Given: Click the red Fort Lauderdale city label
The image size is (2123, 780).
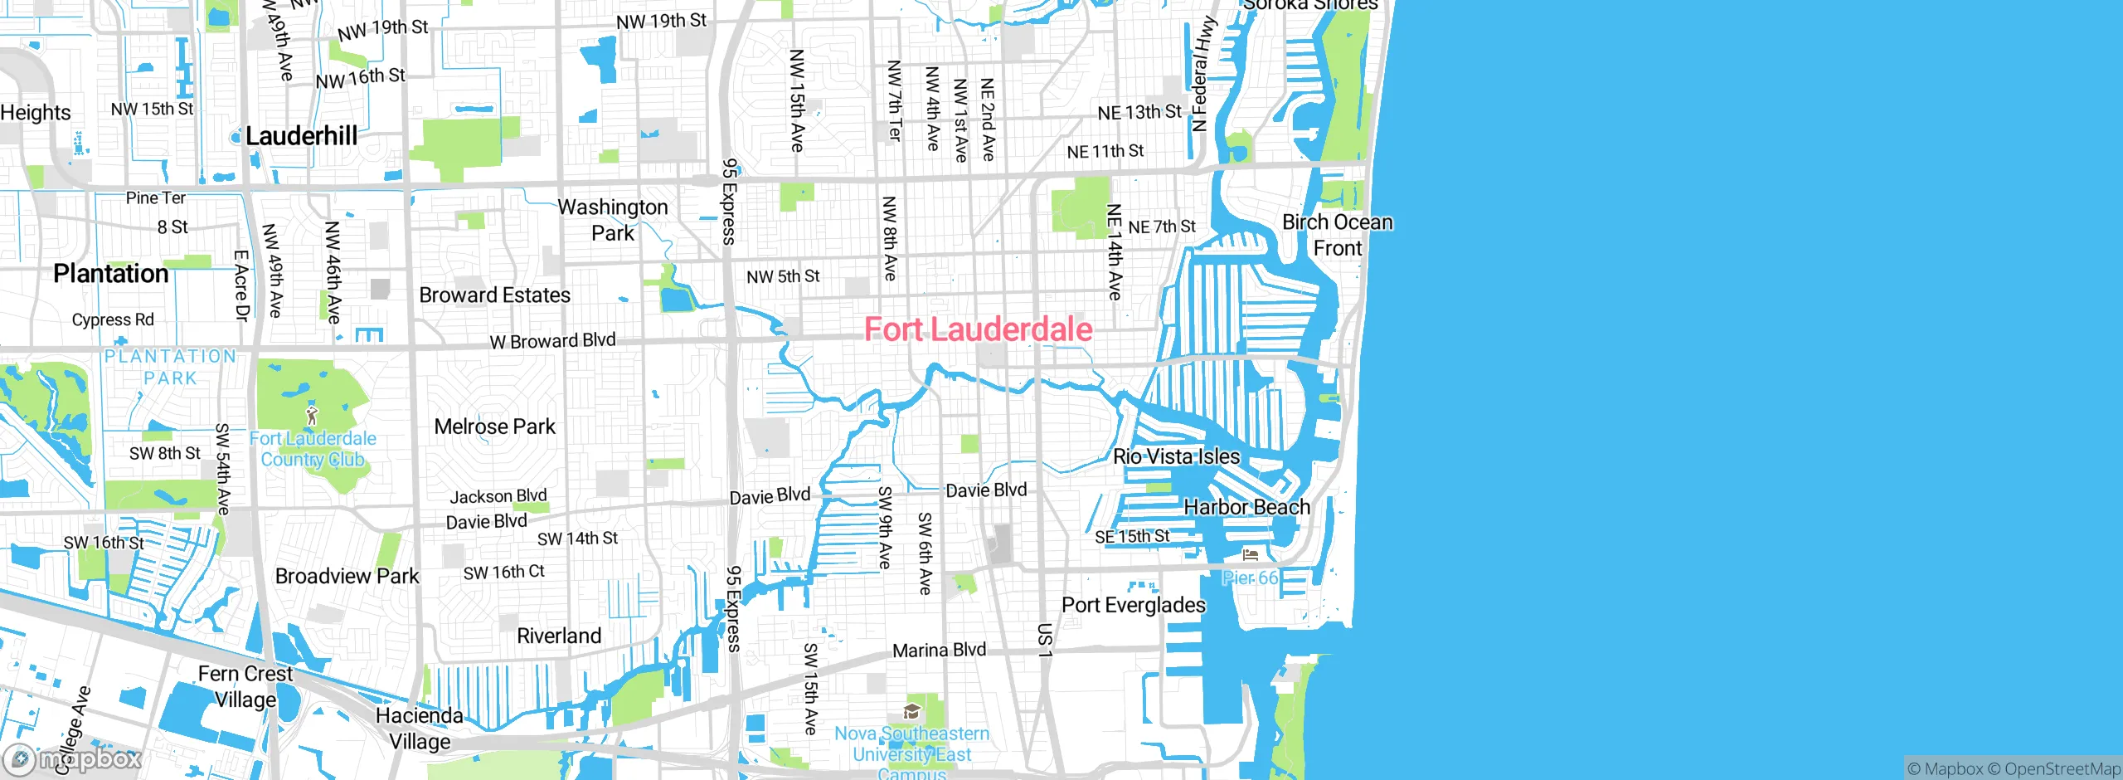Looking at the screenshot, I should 978,329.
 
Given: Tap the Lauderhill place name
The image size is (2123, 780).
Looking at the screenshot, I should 301,136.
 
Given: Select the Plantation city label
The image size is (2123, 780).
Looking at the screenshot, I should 110,273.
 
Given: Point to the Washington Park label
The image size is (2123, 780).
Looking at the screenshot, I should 613,220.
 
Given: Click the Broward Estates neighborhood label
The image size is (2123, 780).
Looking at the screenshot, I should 494,295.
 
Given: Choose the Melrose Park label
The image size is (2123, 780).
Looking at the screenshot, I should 494,427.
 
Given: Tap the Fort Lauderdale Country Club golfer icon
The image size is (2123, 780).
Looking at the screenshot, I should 312,415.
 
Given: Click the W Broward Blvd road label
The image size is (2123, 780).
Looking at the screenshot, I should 552,341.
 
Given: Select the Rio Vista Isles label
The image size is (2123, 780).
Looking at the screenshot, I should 1176,456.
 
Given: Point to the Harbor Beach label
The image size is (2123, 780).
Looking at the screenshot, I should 1246,507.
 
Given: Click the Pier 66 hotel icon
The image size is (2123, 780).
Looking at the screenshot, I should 1251,554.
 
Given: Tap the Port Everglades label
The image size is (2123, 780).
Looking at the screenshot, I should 1133,605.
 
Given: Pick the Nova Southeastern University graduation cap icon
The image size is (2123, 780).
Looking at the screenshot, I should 911,712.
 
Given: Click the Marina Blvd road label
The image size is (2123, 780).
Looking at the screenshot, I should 939,651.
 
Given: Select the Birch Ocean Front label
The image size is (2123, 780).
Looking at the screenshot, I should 1337,235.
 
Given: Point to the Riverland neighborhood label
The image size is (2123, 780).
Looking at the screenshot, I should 559,636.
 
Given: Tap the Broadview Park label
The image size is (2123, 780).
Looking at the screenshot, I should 347,577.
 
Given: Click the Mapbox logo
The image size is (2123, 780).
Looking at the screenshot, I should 73,758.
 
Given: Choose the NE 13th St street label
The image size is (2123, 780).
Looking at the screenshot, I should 1139,112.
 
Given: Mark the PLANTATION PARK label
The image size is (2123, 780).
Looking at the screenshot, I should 170,367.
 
